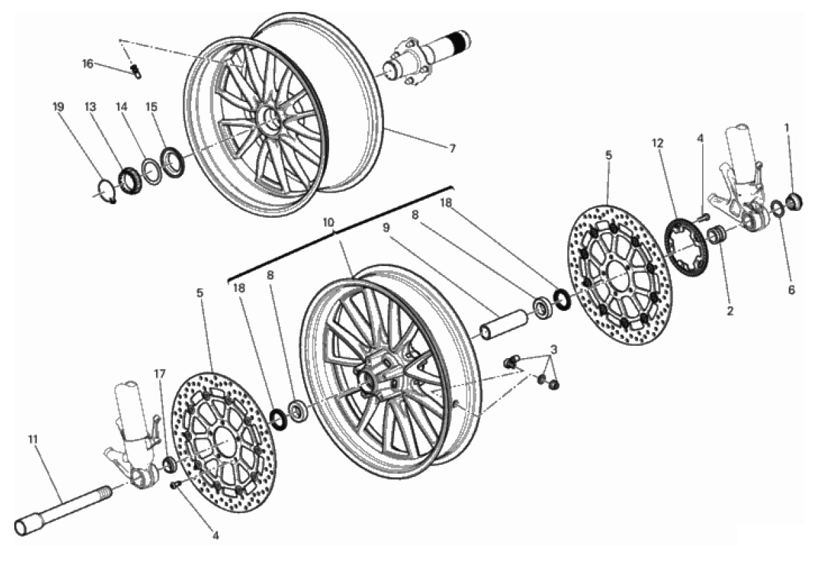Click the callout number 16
coord(88,64)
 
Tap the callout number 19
coord(58,107)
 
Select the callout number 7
coord(452,148)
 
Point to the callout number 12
coord(657,144)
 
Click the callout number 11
coord(33,440)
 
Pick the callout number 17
coord(160,374)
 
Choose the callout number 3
coord(554,350)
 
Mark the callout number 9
coord(386,227)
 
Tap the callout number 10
coord(329,222)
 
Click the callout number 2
coord(730,312)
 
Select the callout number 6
coord(791,290)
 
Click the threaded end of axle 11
coord(104,493)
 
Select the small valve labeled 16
coord(136,71)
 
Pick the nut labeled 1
coord(795,202)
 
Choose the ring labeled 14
coord(152,172)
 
